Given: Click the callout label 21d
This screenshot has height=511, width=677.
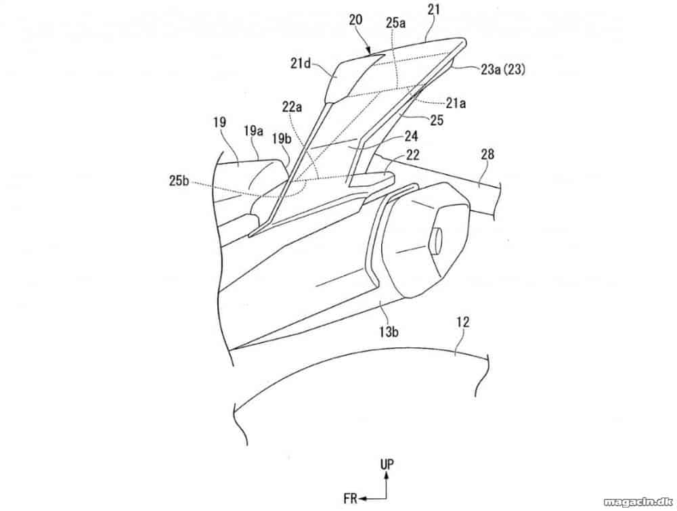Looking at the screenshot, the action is click(x=302, y=64).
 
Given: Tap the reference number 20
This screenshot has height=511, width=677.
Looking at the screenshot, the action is click(x=357, y=20).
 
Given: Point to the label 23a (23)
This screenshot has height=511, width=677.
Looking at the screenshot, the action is click(x=503, y=69).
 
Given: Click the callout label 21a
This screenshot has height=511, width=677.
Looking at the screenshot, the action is click(x=456, y=103).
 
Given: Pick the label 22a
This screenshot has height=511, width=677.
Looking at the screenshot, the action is click(x=292, y=106).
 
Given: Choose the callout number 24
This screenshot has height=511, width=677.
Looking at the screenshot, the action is click(x=411, y=137).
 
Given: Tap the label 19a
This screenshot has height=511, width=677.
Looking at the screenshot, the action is click(x=254, y=131).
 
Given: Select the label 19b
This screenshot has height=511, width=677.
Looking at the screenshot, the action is click(x=282, y=139).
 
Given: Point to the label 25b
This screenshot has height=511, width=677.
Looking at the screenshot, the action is click(x=179, y=181).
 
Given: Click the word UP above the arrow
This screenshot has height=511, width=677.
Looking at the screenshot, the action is click(x=387, y=464).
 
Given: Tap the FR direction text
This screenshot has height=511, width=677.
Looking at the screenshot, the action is click(x=351, y=499).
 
